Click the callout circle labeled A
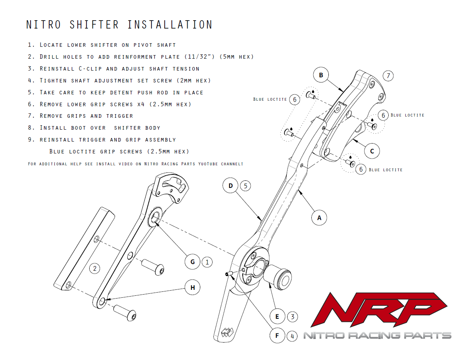tap(319, 217)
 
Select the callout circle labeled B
tap(321, 75)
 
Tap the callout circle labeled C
tap(372, 151)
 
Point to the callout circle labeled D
tap(231, 186)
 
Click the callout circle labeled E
tap(277, 316)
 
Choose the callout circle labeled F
tap(277, 336)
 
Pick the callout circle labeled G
tap(193, 262)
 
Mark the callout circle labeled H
tap(193, 287)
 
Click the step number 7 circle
tap(389, 75)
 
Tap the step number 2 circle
tap(94, 268)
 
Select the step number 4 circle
tap(292, 336)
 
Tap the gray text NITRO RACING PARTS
tap(377, 335)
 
